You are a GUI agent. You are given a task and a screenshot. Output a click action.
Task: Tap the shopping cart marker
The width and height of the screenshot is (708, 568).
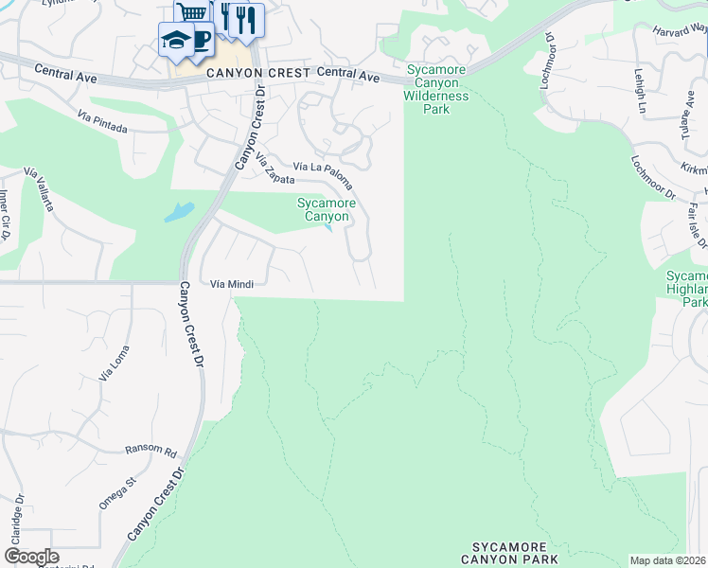[191, 13]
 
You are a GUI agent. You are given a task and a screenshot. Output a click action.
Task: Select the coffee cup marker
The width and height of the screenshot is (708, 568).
[201, 40]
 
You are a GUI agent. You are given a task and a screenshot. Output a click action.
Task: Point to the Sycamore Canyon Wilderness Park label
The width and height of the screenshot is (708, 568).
[436, 89]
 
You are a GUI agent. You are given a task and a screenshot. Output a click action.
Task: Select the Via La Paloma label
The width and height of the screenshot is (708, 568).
[324, 175]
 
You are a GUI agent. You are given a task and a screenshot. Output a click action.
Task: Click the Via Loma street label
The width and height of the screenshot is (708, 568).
[113, 364]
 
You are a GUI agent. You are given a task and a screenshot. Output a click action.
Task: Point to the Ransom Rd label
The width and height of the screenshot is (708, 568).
[151, 452]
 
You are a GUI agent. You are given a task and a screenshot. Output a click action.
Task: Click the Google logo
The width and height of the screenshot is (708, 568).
[31, 557]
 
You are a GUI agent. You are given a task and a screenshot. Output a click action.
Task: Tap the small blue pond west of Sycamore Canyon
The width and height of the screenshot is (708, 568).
[179, 212]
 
